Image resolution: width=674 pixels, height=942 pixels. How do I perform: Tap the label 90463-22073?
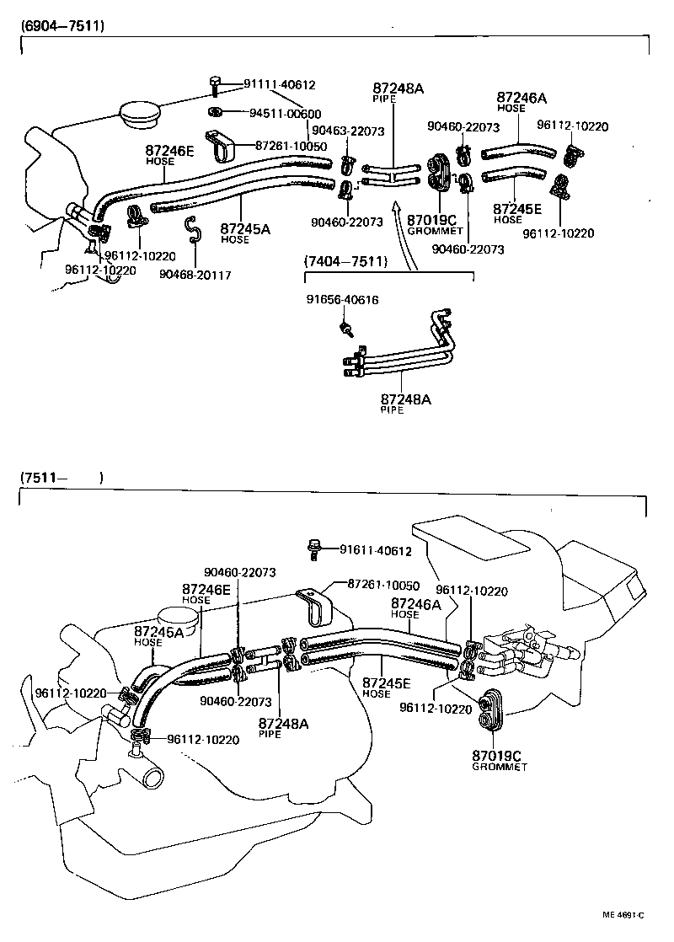(347, 131)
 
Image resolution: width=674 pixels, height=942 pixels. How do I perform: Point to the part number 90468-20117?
(195, 275)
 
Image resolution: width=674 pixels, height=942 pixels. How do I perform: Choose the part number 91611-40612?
(375, 551)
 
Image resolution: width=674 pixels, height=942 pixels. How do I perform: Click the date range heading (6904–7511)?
(62, 25)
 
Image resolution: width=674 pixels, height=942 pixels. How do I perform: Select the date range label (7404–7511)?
(345, 262)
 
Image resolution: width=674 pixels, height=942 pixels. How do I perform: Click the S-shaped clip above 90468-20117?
(192, 227)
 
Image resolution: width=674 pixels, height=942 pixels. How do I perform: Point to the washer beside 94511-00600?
(215, 112)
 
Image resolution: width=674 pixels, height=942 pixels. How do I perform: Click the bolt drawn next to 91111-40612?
(215, 84)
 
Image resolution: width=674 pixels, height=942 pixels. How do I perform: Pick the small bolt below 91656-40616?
(344, 327)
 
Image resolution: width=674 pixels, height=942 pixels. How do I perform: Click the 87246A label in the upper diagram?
(522, 97)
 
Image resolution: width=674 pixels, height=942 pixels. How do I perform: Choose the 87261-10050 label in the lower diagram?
(384, 585)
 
